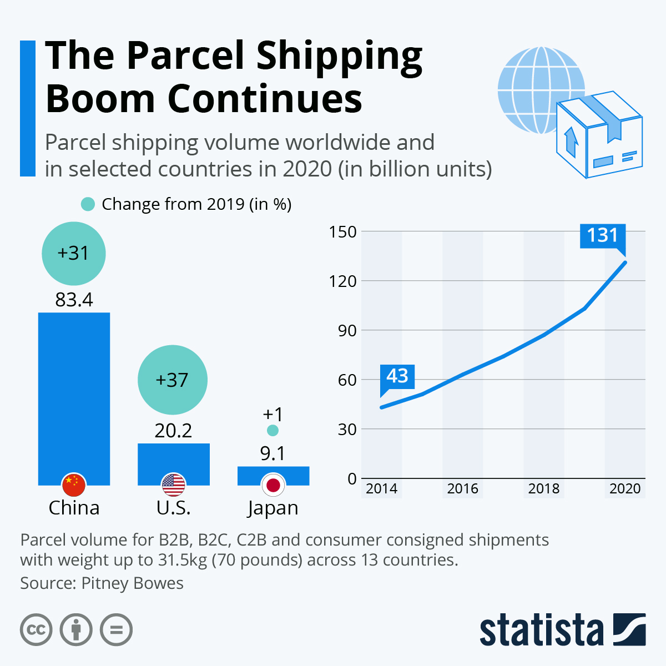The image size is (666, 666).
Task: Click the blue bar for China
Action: click(x=74, y=389)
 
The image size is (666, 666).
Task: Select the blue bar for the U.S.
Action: click(x=173, y=458)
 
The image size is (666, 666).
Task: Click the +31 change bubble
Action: click(x=74, y=253)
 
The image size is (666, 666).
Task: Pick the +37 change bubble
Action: click(x=173, y=380)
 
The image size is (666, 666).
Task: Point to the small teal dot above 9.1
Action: click(x=273, y=430)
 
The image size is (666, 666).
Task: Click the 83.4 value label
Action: click(x=74, y=300)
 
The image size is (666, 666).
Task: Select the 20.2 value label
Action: click(x=173, y=430)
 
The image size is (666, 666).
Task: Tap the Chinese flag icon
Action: click(x=74, y=485)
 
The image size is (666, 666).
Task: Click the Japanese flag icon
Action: click(x=273, y=485)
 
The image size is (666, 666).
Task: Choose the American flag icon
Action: click(x=173, y=485)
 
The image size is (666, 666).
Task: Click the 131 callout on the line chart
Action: click(x=603, y=235)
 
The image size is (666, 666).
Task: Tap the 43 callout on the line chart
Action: click(x=397, y=376)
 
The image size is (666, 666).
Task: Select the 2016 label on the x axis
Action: click(x=463, y=488)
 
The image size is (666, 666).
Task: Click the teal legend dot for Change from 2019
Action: click(x=88, y=204)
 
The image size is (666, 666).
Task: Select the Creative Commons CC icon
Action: click(x=36, y=630)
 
